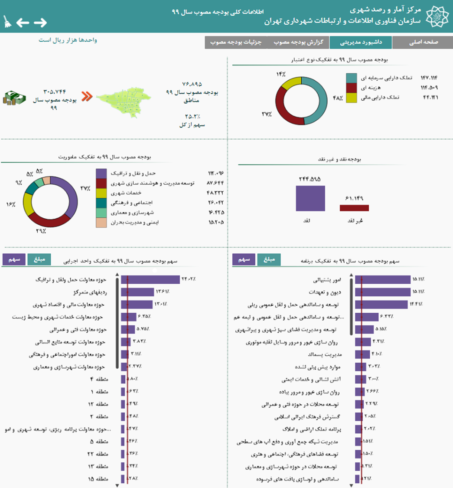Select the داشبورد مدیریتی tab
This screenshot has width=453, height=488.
pos(360,43)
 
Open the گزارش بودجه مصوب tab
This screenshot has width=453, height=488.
pos(298,43)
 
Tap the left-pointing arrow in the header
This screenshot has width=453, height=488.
pos(23,22)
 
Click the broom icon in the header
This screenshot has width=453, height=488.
pos(7,22)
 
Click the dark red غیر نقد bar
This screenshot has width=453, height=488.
pos(354,208)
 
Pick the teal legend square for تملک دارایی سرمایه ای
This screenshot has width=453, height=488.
pos(351,78)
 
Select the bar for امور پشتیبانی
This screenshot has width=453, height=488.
pos(383,280)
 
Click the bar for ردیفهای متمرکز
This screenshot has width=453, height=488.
pos(137,292)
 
